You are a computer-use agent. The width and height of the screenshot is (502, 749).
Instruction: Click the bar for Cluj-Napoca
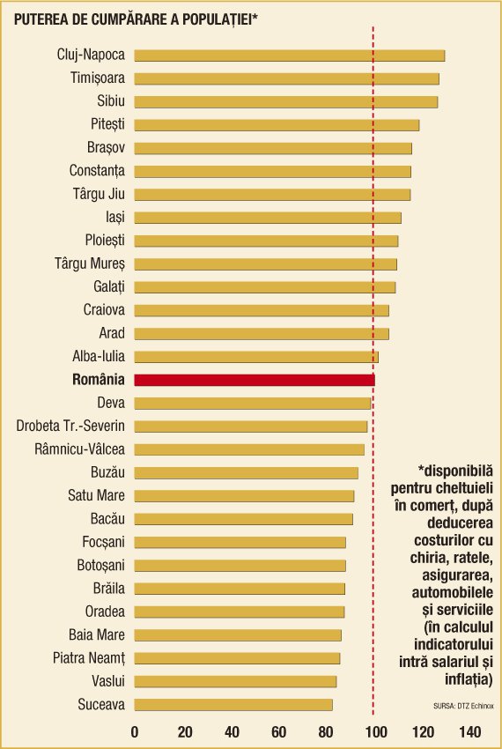pos(290,56)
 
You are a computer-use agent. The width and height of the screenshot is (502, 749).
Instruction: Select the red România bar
pos(255,381)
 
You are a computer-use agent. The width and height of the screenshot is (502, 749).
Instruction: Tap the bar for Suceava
pos(233,705)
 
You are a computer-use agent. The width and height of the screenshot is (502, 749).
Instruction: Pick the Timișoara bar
pos(286,78)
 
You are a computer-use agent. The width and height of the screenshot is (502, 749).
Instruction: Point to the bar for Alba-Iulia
pos(256,357)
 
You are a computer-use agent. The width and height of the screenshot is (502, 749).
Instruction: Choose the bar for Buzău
pos(246,473)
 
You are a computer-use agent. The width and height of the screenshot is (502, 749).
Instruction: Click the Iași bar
pos(268,218)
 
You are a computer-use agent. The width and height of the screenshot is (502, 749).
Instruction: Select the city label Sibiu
pos(111,100)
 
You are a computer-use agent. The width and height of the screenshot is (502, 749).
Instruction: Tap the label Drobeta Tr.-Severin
pos(70,426)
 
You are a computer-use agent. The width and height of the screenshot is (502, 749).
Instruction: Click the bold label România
pos(99,379)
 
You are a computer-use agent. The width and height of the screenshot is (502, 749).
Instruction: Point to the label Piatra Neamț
pos(89,658)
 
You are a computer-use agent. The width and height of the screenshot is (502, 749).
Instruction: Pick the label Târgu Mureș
pos(90,263)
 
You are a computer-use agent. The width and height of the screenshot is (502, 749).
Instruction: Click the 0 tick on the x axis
pos(134,731)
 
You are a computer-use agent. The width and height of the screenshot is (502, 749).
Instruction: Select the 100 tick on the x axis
pos(375,731)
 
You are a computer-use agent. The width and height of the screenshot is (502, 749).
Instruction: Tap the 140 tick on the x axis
pos(470,731)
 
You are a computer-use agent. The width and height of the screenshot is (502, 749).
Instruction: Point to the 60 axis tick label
pos(279,731)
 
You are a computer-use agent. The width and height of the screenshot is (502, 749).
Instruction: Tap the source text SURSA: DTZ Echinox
pos(463,706)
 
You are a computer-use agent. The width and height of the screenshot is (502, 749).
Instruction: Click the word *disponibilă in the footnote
pos(455,471)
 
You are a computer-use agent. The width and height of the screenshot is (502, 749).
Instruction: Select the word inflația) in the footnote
pos(469,679)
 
